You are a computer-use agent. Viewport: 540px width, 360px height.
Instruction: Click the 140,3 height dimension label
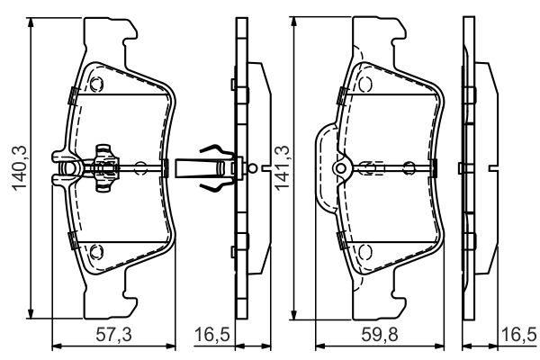[20, 167]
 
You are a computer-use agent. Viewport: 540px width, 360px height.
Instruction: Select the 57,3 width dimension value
[113, 334]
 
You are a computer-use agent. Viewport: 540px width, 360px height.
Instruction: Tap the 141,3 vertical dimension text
[282, 167]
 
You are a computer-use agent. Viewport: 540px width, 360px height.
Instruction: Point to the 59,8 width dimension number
[380, 334]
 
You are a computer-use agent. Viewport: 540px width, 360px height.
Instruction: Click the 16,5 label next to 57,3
[212, 334]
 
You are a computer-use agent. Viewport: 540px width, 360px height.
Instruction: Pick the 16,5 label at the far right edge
[519, 334]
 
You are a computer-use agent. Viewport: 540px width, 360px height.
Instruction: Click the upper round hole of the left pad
[96, 84]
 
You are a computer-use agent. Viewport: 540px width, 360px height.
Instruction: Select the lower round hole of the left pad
[96, 252]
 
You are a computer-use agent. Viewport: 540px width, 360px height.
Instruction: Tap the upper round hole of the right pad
[365, 84]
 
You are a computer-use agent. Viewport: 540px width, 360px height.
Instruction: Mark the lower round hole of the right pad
[365, 252]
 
